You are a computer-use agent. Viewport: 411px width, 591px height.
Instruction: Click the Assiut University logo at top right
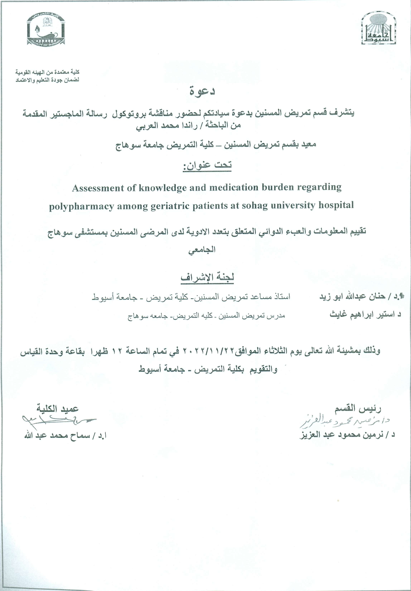coord(378,29)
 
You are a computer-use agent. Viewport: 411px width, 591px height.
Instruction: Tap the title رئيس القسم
coord(357,409)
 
